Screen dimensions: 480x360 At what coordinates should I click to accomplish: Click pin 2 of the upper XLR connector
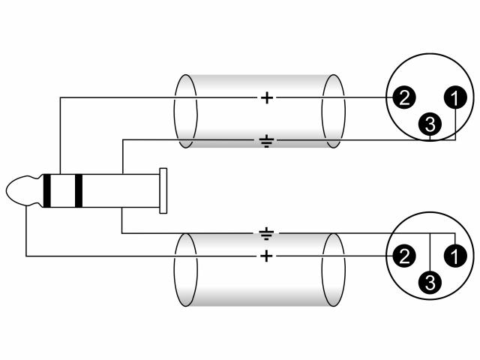[404, 97]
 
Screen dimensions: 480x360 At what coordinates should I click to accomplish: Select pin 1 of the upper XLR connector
[455, 97]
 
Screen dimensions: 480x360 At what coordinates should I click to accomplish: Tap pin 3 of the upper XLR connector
[430, 124]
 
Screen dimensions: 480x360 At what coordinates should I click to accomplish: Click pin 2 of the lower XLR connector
[404, 256]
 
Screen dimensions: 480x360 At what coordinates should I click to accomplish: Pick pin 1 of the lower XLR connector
[455, 256]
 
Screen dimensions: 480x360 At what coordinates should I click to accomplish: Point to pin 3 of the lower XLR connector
[430, 282]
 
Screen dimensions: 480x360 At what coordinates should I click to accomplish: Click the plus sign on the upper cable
[267, 98]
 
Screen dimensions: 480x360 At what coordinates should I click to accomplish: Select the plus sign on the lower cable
[267, 256]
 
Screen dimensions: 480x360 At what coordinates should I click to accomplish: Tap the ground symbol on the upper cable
[267, 141]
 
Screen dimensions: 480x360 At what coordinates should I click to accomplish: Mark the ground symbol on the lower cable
[267, 233]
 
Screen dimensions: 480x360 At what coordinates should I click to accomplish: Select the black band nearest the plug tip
[46, 190]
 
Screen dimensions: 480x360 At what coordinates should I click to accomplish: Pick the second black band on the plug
[79, 190]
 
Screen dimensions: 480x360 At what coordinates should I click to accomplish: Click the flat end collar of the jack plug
[163, 190]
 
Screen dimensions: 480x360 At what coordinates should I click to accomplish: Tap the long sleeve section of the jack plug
[121, 190]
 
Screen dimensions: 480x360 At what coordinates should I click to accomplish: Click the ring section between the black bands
[63, 190]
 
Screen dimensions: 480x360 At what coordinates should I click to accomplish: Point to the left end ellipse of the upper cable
[175, 112]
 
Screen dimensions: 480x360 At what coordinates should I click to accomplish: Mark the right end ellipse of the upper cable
[345, 112]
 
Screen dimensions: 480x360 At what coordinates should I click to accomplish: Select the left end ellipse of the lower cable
[175, 270]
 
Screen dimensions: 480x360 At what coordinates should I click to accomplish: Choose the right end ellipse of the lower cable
[345, 270]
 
